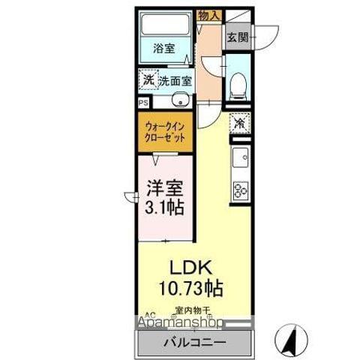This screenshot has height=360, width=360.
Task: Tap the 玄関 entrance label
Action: click(x=238, y=37)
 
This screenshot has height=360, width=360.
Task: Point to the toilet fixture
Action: click(x=238, y=85)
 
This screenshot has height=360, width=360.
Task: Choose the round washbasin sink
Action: click(x=179, y=102)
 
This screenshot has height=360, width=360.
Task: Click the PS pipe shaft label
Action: click(x=142, y=104)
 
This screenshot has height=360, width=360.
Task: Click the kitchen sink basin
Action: click(x=241, y=158)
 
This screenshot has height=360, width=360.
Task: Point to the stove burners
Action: click(x=241, y=190)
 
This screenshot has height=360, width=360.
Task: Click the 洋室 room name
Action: click(x=164, y=187)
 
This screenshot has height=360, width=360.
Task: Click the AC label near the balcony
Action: click(x=148, y=315)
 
